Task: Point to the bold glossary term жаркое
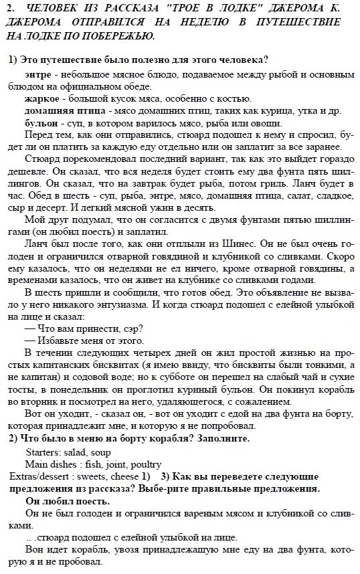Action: pos(41,98)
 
